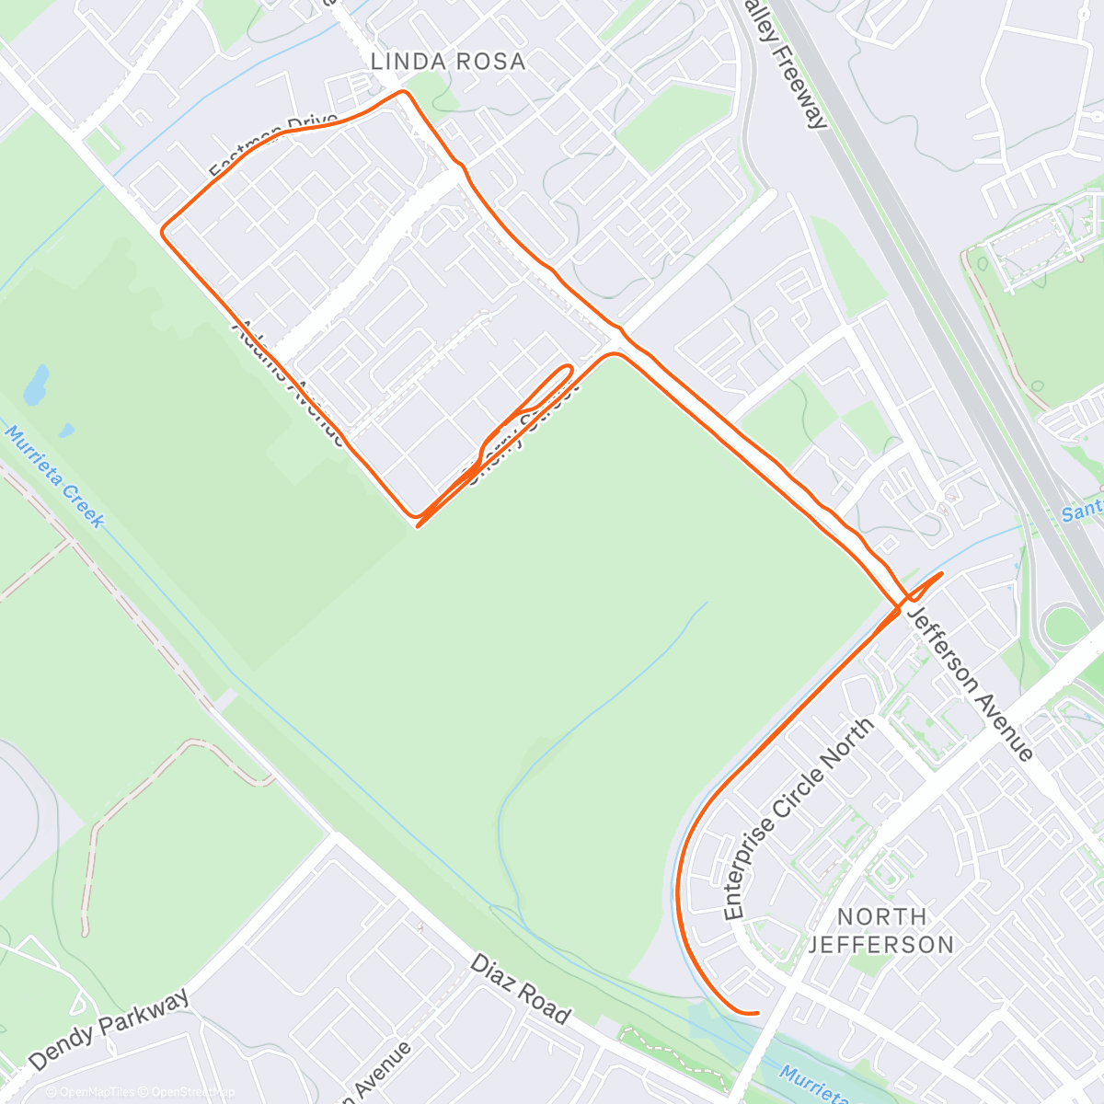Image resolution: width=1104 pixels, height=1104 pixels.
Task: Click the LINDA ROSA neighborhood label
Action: [x=447, y=62]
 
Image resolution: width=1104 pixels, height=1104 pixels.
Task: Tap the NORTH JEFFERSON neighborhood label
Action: [x=881, y=930]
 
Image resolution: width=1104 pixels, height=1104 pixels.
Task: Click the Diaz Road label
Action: [x=521, y=990]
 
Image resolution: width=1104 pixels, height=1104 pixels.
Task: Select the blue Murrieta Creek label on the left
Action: [x=55, y=477]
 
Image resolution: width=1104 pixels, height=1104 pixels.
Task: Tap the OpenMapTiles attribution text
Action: [x=90, y=1092]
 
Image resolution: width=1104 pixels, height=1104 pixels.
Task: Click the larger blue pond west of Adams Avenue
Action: [x=37, y=386]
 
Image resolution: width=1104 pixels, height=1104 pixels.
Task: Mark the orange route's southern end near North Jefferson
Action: [x=756, y=1013]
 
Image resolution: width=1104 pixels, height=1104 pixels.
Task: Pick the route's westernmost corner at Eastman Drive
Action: [x=164, y=230]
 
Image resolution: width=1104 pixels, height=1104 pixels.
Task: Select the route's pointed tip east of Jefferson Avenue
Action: [x=941, y=574]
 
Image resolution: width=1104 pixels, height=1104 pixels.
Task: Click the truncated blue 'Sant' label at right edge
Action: [x=1082, y=512]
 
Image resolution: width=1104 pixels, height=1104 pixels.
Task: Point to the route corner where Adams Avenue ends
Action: [x=415, y=515]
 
